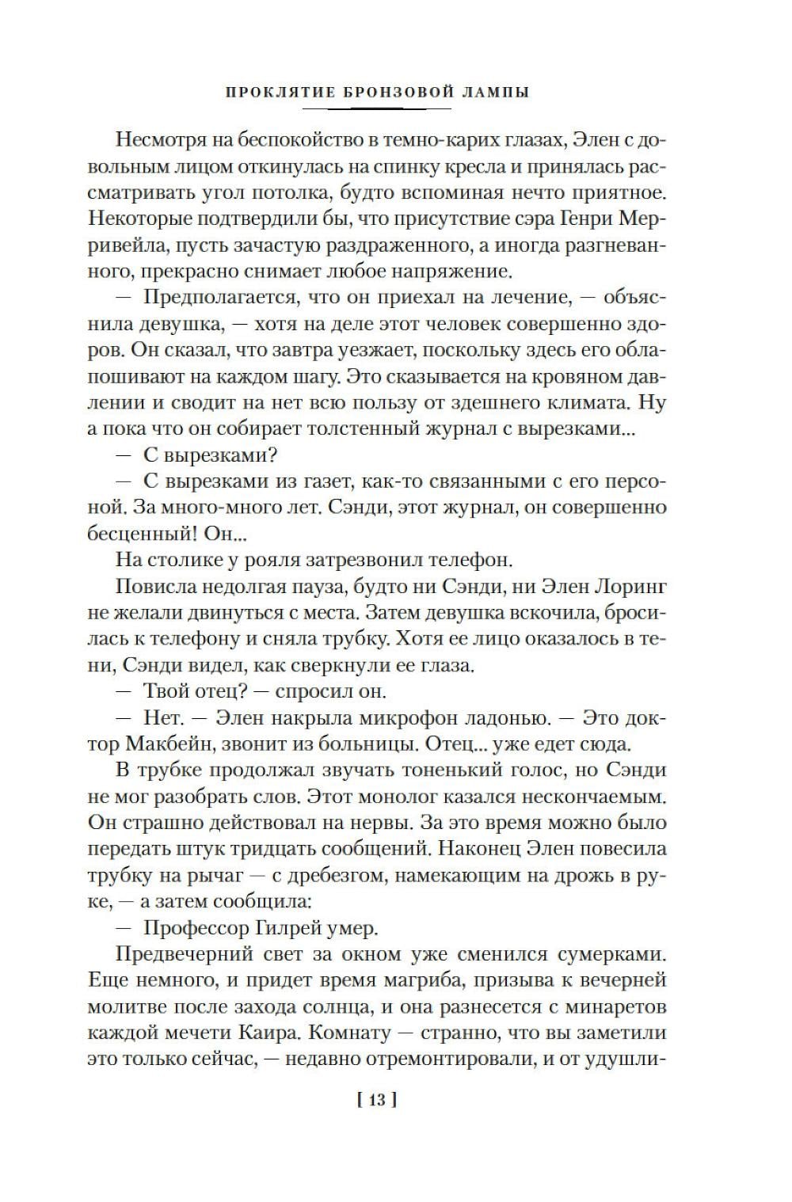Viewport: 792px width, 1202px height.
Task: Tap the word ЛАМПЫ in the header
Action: click(x=493, y=92)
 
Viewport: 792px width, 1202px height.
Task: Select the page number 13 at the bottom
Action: click(x=376, y=1100)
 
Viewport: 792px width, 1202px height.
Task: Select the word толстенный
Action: click(x=339, y=429)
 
